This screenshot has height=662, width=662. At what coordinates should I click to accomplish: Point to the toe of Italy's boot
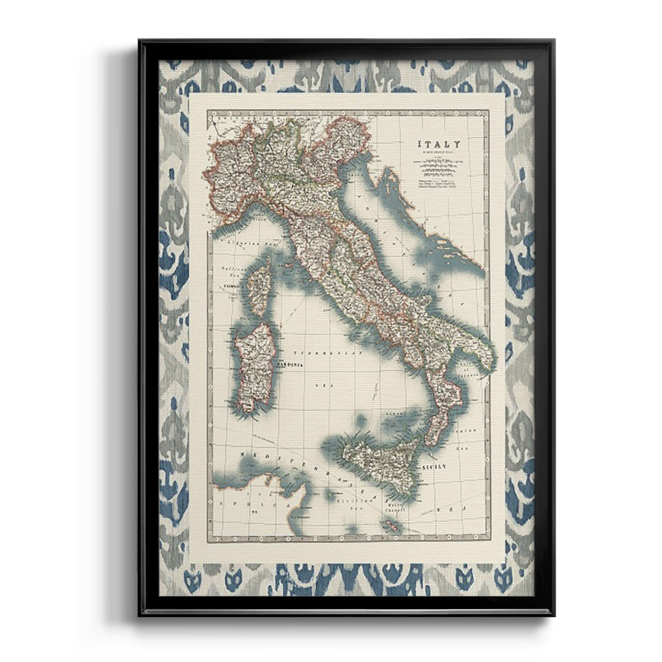[x=430, y=436]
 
